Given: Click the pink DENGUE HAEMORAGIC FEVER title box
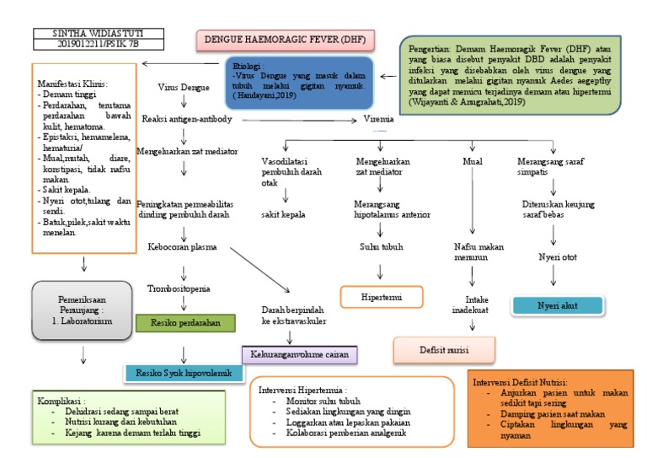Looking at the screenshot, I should (x=286, y=40).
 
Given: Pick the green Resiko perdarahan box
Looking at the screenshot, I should (x=185, y=322).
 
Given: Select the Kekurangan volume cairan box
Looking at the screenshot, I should (x=301, y=353).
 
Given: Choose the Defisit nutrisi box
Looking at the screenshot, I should (x=444, y=348).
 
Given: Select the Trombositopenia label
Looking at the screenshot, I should (x=180, y=288).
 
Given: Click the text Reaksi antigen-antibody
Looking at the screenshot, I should (x=187, y=119).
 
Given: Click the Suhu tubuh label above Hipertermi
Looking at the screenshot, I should (x=381, y=247).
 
